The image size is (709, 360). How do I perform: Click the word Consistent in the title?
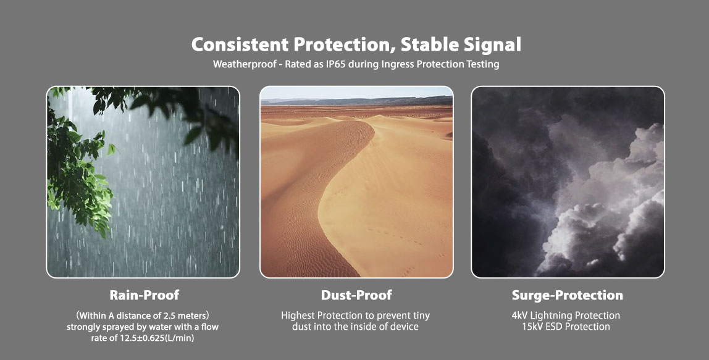coord(240,44)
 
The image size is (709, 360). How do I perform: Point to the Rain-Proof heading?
coord(145,295)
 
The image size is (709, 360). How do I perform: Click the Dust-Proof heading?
coord(356,295)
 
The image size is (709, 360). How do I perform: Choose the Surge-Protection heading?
coord(568,295)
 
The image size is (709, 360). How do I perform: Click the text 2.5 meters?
coord(184,315)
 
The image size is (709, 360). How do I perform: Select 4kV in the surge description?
coord(521,315)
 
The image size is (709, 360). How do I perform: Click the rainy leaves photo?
coord(143,182)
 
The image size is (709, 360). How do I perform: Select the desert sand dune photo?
coord(356,182)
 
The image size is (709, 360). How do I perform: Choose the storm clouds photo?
coord(568,182)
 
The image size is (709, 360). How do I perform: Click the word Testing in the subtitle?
coord(483,64)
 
